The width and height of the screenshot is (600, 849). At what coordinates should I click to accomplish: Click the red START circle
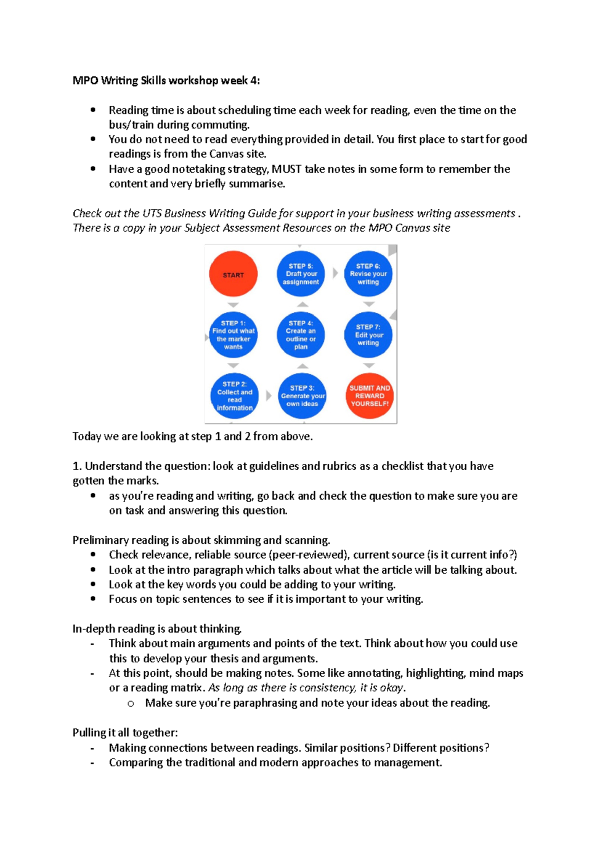[233, 274]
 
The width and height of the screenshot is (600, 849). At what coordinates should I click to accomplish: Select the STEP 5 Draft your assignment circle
[300, 274]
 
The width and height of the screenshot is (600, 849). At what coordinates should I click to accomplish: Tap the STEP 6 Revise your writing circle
[368, 274]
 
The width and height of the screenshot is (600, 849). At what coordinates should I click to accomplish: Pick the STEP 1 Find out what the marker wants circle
[233, 335]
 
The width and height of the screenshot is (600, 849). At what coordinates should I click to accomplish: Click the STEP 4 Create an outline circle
[300, 335]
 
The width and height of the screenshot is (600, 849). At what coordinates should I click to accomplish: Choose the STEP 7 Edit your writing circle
[368, 335]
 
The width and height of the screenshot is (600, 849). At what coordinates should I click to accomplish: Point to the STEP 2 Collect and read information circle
[234, 396]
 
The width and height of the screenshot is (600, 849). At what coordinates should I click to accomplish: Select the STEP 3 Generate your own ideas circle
[302, 396]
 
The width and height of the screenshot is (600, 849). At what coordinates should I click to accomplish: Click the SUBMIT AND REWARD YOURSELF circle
[369, 396]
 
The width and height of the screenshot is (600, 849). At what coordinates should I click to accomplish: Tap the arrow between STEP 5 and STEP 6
[335, 273]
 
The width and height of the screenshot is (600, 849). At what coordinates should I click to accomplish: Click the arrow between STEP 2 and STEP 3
[268, 395]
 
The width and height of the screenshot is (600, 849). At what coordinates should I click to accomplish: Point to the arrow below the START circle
[233, 304]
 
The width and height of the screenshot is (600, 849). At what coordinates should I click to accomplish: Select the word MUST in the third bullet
[286, 169]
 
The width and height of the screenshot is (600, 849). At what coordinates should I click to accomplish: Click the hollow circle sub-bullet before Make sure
[130, 703]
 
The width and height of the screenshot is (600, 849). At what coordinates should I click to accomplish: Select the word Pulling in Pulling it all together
[89, 733]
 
